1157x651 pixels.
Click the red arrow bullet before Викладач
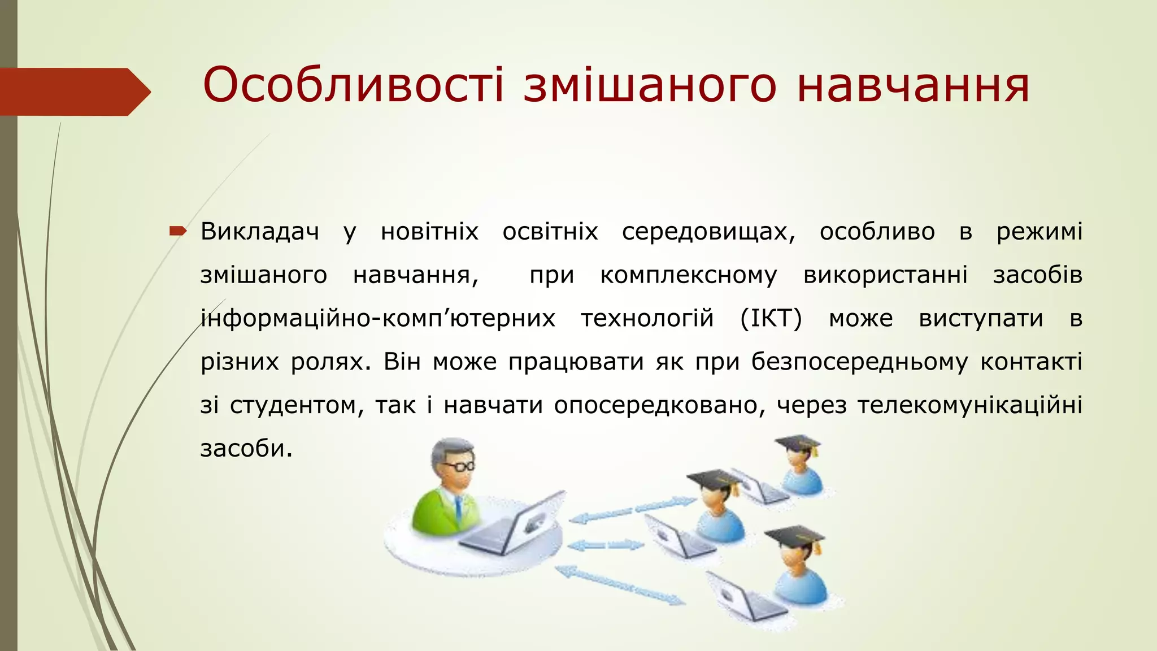pos(177,231)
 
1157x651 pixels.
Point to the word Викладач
pos(259,232)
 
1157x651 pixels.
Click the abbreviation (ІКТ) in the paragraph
pos(771,318)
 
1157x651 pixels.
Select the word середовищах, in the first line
pos(708,232)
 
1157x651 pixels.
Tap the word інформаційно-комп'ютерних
pos(378,318)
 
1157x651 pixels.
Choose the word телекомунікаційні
pos(969,405)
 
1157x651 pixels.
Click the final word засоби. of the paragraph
pos(246,448)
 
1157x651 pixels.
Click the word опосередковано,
pos(659,405)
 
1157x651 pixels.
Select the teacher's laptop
pos(517,526)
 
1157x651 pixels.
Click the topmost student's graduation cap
pos(797,442)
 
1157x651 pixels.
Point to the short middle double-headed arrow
pos(605,545)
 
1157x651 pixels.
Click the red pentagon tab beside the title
pos(73,92)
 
